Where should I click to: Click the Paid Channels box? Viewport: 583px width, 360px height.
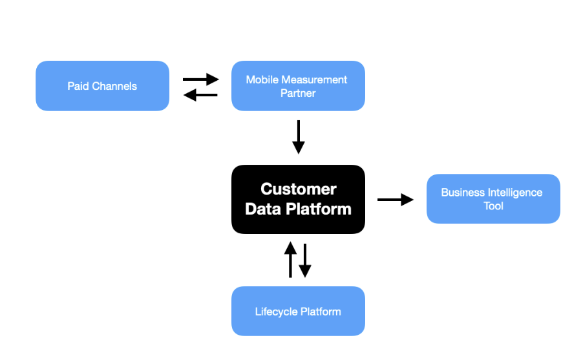point(102,86)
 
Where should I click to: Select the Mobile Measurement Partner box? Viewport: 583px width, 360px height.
point(298,86)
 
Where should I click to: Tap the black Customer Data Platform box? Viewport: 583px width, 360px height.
point(298,199)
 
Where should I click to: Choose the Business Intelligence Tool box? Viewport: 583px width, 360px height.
point(493,199)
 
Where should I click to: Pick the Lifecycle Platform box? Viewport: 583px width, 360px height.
point(298,312)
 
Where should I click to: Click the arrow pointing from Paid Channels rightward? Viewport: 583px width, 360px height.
point(201,79)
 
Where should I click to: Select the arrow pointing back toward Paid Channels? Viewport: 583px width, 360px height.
point(200,95)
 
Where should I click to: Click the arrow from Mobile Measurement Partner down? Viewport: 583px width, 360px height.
point(299,137)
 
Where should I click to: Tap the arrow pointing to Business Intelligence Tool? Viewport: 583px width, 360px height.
point(396,200)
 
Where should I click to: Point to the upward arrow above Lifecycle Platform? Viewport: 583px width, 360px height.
point(290,260)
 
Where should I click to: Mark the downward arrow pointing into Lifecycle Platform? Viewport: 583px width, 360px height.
point(305,260)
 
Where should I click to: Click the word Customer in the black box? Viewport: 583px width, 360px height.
point(299,189)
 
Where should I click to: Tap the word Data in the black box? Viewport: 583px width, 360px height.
point(263,209)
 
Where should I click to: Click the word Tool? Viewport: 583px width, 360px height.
point(493,206)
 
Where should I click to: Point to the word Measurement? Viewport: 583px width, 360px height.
point(314,79)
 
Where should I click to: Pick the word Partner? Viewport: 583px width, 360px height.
point(298,93)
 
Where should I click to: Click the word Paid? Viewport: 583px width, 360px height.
point(78,86)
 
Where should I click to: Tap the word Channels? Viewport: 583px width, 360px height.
point(114,86)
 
